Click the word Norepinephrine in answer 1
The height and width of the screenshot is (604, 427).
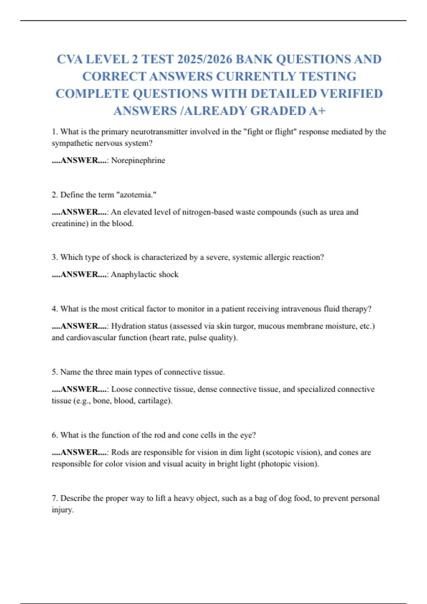pyautogui.click(x=138, y=160)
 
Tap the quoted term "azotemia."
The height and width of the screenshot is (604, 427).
pyautogui.click(x=137, y=195)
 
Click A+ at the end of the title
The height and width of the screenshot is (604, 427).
pyautogui.click(x=317, y=111)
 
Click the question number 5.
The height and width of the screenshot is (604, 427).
pyautogui.click(x=54, y=372)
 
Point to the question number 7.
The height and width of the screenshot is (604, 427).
pyautogui.click(x=54, y=498)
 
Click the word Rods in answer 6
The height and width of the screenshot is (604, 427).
pyautogui.click(x=120, y=452)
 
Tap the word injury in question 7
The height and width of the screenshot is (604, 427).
pyautogui.click(x=62, y=510)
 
